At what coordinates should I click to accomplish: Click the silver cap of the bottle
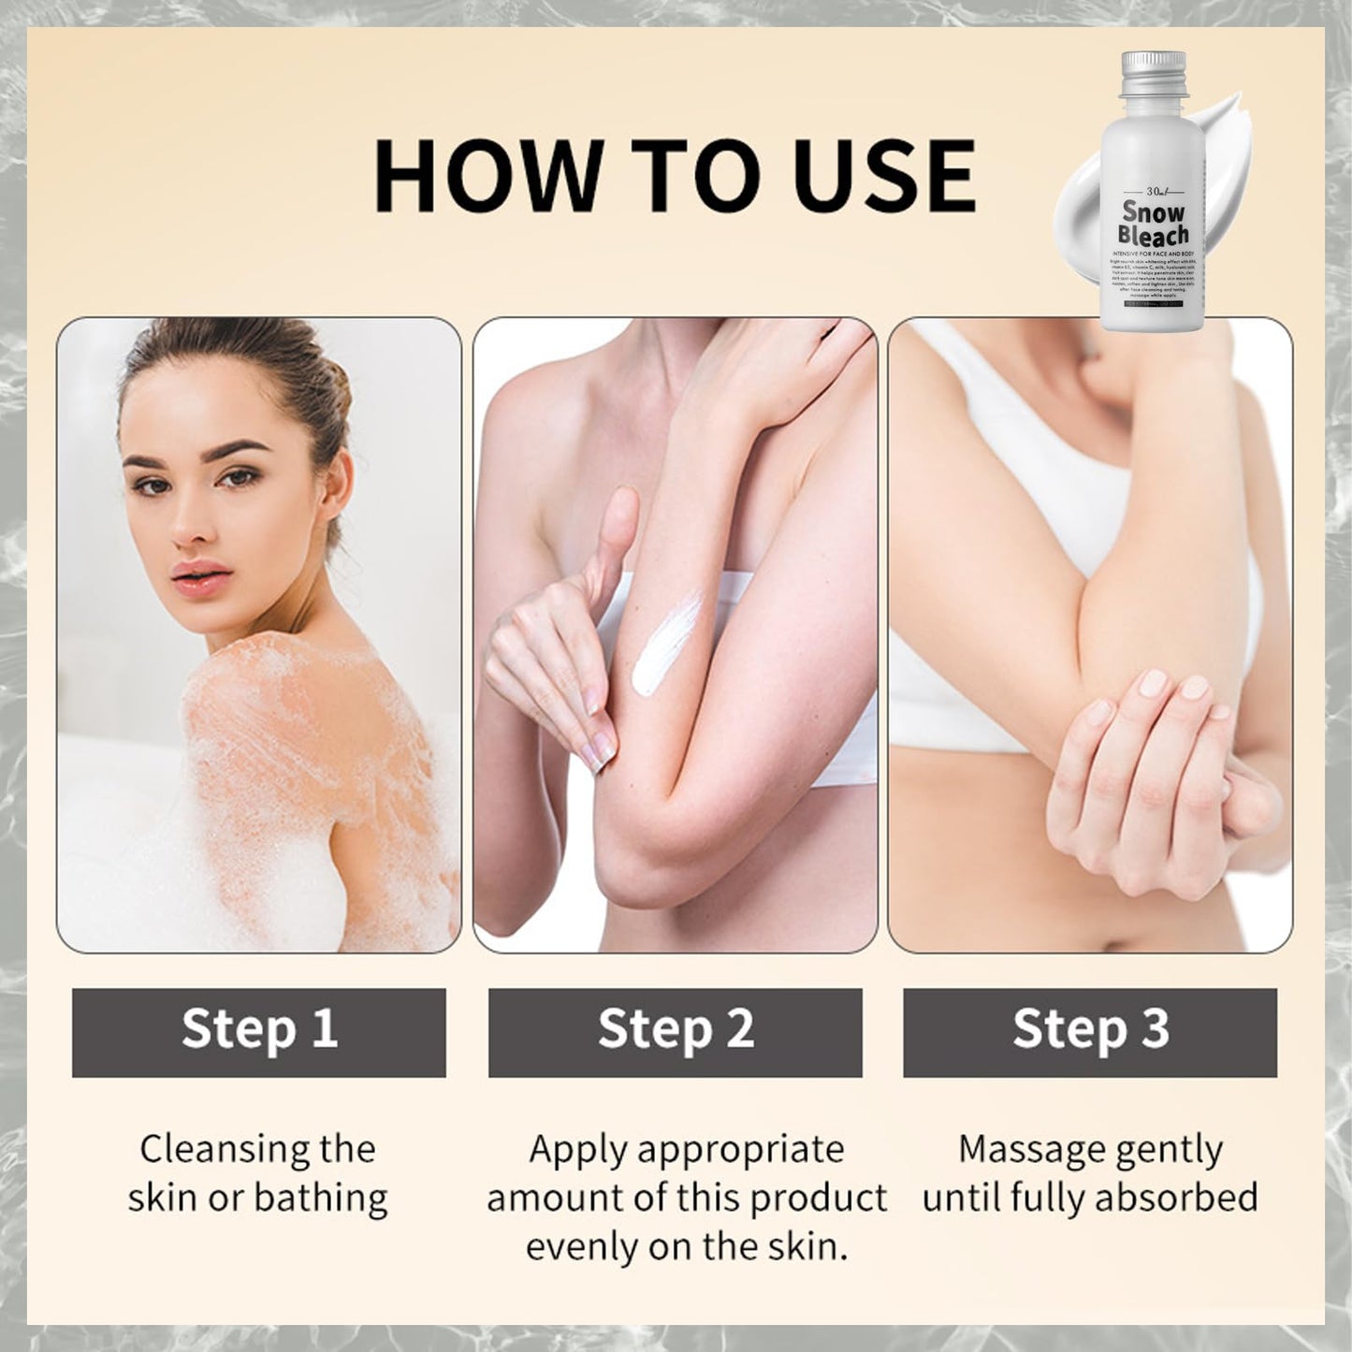click(1154, 73)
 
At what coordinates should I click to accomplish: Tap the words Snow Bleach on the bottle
click(1154, 224)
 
